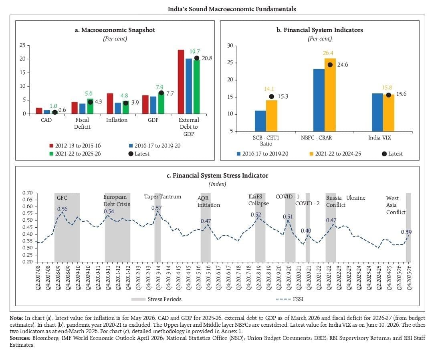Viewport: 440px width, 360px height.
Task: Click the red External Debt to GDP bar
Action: pos(181,82)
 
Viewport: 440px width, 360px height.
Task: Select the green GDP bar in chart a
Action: pos(161,103)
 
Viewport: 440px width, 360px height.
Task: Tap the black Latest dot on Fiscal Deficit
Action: pos(90,102)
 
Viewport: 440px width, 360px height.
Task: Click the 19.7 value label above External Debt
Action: pos(194,51)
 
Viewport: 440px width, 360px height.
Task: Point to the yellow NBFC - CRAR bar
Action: pos(330,95)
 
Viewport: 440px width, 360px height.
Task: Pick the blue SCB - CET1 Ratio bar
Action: pos(260,121)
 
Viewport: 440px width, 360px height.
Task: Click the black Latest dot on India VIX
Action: pos(388,95)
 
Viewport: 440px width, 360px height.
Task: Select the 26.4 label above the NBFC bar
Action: pos(328,53)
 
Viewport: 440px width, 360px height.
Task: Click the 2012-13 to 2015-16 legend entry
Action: pos(75,146)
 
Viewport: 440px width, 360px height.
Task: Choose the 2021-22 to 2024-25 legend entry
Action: pos(335,154)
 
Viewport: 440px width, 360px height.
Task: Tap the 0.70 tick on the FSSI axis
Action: pos(28,193)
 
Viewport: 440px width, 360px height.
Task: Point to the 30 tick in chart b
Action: pos(230,45)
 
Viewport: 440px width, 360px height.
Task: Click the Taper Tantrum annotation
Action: pos(162,196)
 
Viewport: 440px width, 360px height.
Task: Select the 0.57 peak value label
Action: pos(156,208)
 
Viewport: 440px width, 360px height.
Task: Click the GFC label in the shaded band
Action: pos(62,198)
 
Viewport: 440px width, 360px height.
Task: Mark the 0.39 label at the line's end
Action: pos(406,232)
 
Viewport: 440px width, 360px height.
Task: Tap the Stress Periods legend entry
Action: pos(156,299)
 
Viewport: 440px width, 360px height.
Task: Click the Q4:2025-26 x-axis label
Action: pos(410,277)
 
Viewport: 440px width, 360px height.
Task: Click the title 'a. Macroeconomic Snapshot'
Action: pos(115,30)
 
